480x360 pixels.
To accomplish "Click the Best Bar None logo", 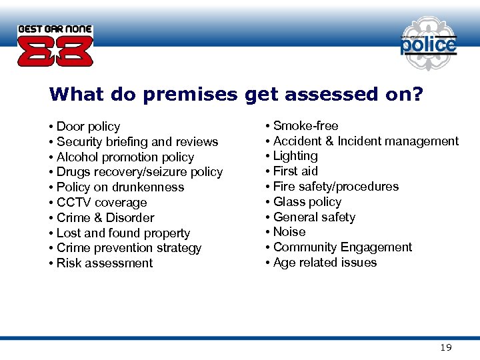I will [x=55, y=46].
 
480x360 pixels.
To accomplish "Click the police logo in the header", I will [x=428, y=45].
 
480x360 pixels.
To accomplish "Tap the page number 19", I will [x=446, y=347].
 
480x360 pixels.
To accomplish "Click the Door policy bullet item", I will [x=88, y=127].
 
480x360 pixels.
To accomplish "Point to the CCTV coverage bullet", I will [x=101, y=203].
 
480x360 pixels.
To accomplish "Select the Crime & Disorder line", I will [x=105, y=218].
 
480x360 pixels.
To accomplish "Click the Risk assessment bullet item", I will [x=105, y=263].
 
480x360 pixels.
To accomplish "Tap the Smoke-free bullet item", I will [x=305, y=126].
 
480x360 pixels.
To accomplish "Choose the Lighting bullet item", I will [x=295, y=156].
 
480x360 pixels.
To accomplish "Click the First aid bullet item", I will [x=295, y=171].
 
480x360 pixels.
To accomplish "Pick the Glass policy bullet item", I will [x=307, y=202].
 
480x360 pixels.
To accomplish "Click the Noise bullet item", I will [x=289, y=232].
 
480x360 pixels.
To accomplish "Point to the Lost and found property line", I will [x=123, y=233].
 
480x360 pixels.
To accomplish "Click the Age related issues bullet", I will [x=325, y=263].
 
